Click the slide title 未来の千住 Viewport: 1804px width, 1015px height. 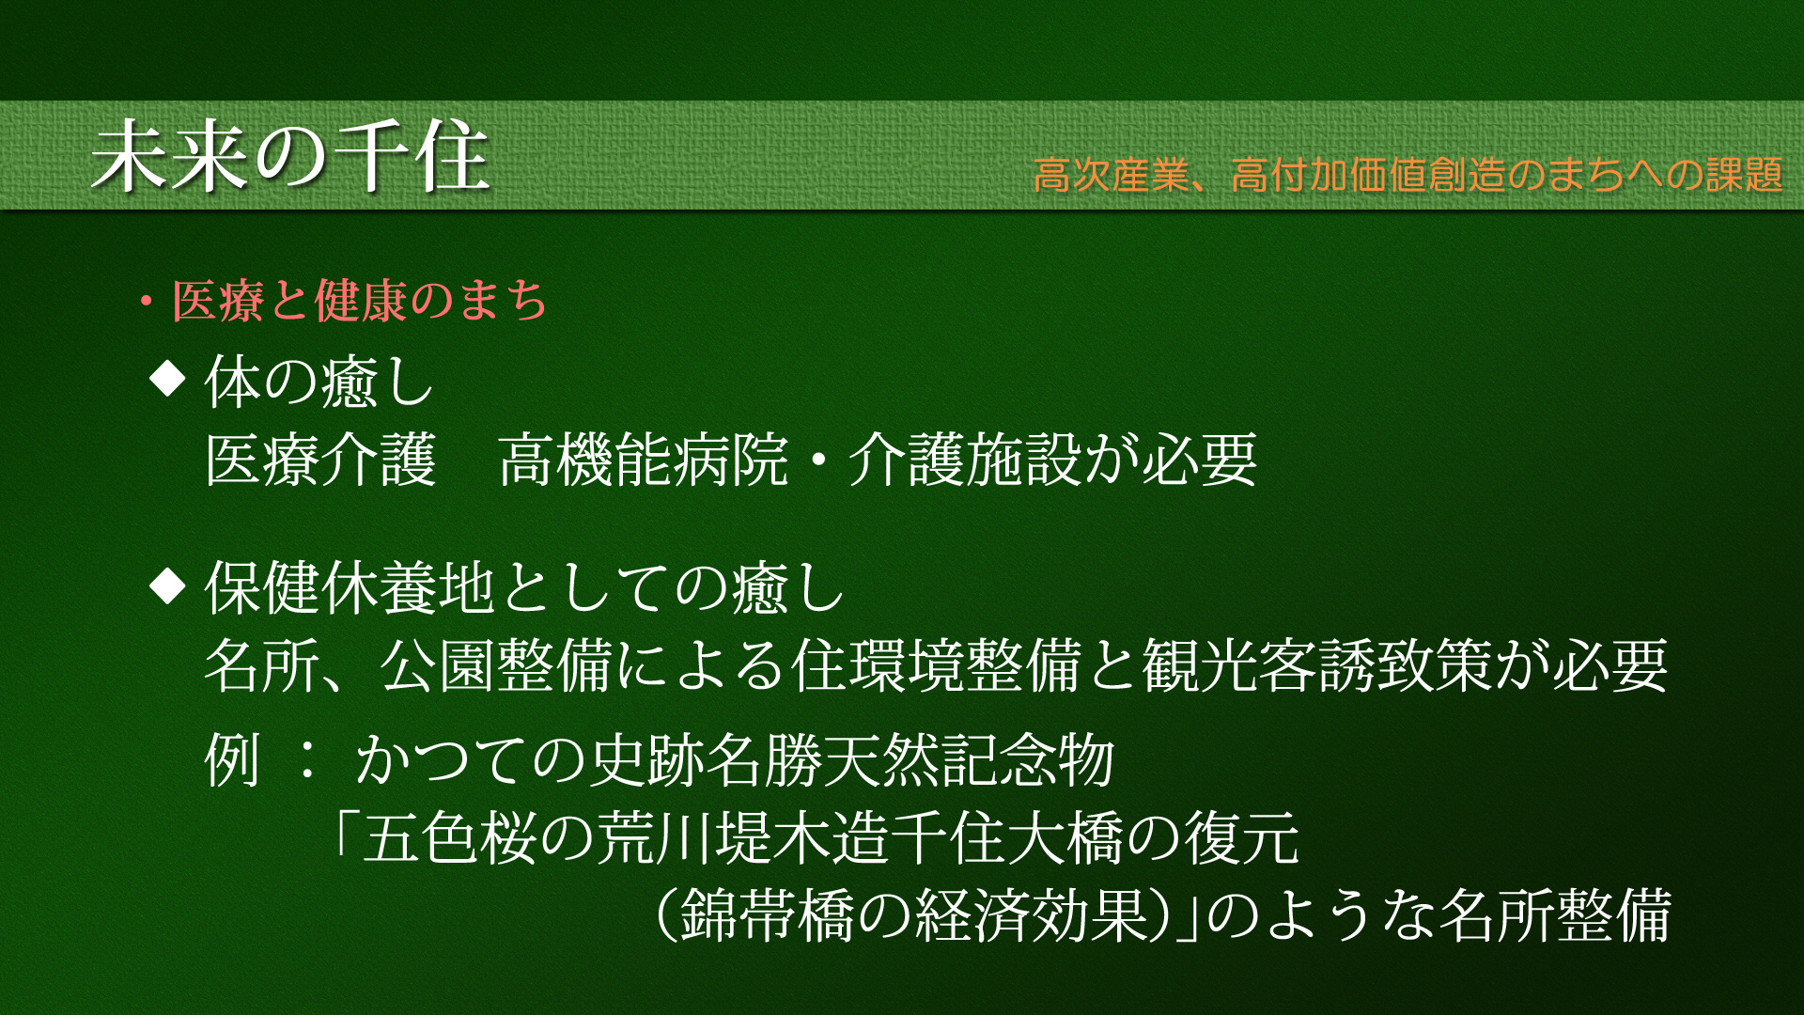[x=290, y=157]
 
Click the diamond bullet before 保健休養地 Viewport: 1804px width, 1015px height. [x=168, y=586]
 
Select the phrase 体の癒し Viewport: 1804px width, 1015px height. [x=319, y=382]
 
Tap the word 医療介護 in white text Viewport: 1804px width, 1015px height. [x=321, y=461]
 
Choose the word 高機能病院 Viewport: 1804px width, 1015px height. [x=643, y=461]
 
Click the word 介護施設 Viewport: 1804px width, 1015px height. [x=966, y=461]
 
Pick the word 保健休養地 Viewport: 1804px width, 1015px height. [x=350, y=587]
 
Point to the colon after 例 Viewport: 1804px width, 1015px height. [x=306, y=760]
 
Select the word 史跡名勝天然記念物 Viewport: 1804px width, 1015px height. [x=852, y=759]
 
